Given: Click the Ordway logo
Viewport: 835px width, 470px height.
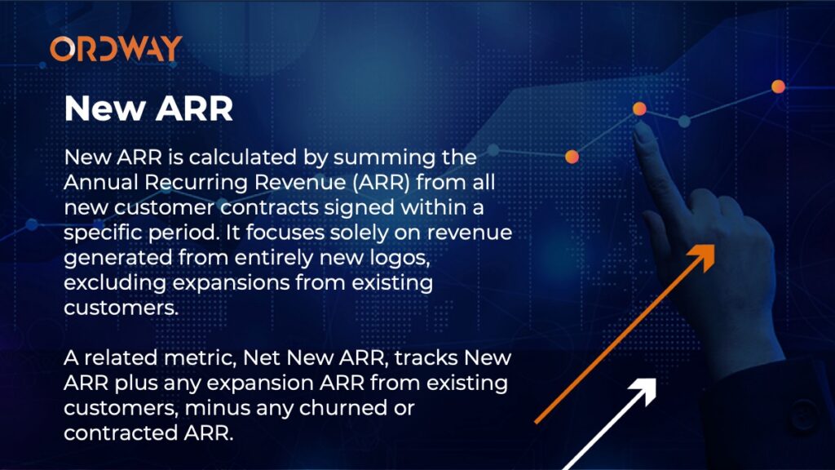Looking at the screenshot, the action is [x=116, y=48].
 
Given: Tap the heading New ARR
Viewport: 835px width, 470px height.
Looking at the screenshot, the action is [x=148, y=109].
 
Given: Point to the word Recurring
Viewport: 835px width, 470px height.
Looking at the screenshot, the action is [x=196, y=184].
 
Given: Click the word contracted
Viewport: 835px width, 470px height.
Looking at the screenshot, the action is [x=121, y=433].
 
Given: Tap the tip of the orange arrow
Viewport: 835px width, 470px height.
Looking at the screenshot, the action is [x=714, y=246].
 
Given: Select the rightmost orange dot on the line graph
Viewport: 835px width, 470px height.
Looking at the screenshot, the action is [x=778, y=86].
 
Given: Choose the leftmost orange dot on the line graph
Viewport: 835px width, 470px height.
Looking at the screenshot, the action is [x=572, y=157].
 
